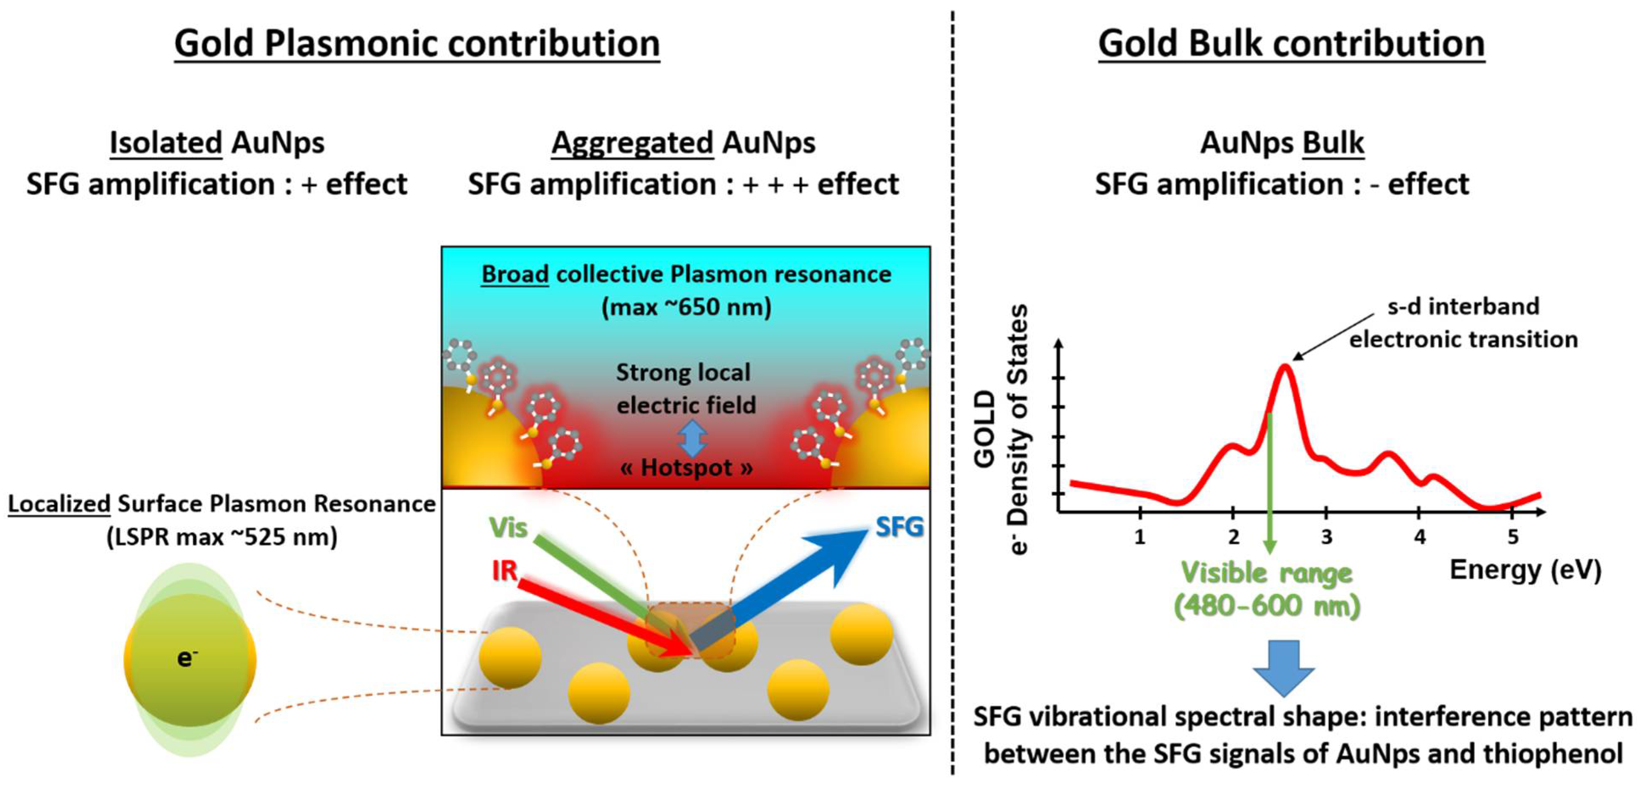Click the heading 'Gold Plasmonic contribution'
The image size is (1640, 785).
[417, 43]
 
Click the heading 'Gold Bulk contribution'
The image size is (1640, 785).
[1291, 43]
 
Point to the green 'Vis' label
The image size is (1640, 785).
[508, 527]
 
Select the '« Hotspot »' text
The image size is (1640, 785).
[687, 467]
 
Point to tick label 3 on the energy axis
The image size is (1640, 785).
[1326, 537]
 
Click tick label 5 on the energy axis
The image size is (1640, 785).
[1513, 537]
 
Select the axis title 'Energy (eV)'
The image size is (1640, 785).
[1525, 569]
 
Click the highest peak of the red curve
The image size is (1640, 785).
[1285, 367]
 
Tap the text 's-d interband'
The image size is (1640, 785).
[1463, 306]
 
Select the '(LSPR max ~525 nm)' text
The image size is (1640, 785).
[222, 537]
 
